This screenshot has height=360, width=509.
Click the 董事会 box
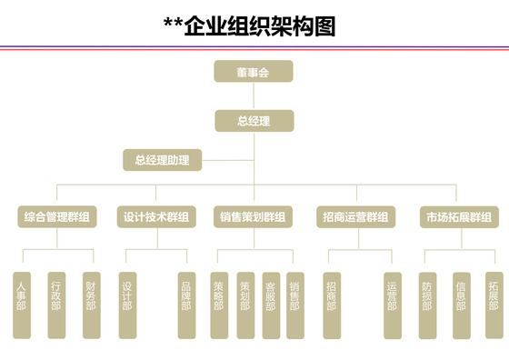pyautogui.click(x=254, y=71)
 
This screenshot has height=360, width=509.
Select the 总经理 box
pyautogui.click(x=254, y=120)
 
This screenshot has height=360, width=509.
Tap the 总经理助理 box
pyautogui.click(x=162, y=161)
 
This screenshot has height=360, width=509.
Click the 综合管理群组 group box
pyautogui.click(x=56, y=217)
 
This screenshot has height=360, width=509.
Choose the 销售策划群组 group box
pyautogui.click(x=254, y=217)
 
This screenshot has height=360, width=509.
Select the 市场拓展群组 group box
pyautogui.click(x=459, y=217)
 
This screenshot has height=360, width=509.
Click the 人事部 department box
pyautogui.click(x=22, y=305)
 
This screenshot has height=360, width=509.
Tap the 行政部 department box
pyautogui.click(x=56, y=305)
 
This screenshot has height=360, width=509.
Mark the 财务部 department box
pyautogui.click(x=91, y=305)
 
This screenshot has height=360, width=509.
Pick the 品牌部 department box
pyautogui.click(x=186, y=305)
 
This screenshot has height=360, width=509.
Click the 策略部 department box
pyautogui.click(x=219, y=305)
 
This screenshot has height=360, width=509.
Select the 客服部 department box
pyautogui.click(x=270, y=305)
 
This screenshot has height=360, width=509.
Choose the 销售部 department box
pyautogui.click(x=294, y=305)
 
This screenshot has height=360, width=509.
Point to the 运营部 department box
pyautogui.click(x=392, y=305)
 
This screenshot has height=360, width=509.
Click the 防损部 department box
pyautogui.click(x=428, y=305)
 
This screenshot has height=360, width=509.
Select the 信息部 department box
pyautogui.click(x=461, y=305)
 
